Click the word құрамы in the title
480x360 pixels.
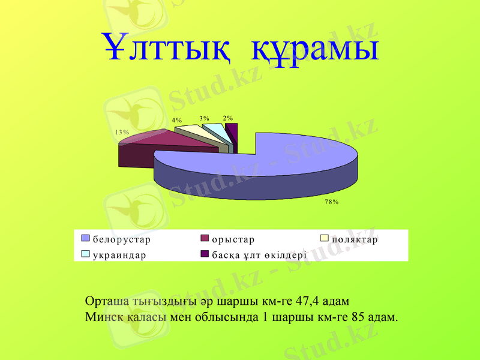[x=316, y=49]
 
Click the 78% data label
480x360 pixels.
[x=332, y=202]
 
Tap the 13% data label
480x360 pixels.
[x=122, y=131]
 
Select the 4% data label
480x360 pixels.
[x=177, y=120]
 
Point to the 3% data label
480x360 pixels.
[x=205, y=118]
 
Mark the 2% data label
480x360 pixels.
[x=228, y=118]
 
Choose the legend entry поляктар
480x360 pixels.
[x=354, y=239]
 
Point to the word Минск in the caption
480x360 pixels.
[x=103, y=316]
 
